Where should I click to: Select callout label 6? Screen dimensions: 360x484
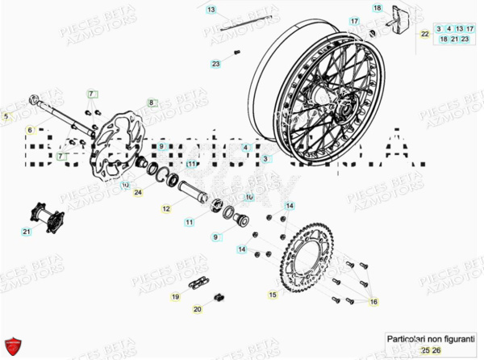pyautogui.click(x=29, y=130)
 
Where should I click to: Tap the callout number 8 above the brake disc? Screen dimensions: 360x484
pyautogui.click(x=150, y=103)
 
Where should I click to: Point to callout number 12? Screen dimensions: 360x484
pyautogui.click(x=165, y=209)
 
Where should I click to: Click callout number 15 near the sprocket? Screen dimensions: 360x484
pyautogui.click(x=272, y=295)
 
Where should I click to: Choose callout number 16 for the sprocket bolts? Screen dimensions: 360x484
pyautogui.click(x=373, y=301)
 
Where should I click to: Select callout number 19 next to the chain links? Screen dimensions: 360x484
pyautogui.click(x=175, y=297)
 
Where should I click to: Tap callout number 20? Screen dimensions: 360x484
pyautogui.click(x=198, y=309)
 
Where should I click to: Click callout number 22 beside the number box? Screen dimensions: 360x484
pyautogui.click(x=424, y=34)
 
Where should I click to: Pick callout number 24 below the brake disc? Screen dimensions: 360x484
pyautogui.click(x=138, y=193)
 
